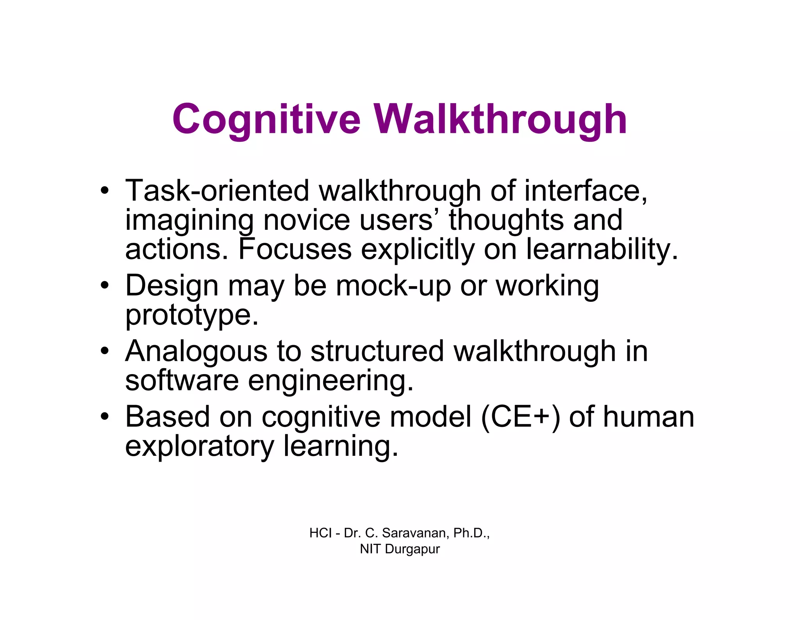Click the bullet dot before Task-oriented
[104, 191]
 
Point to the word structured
[377, 351]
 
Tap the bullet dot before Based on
[104, 417]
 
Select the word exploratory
[200, 446]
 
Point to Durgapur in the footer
[412, 549]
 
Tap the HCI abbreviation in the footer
[320, 533]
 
